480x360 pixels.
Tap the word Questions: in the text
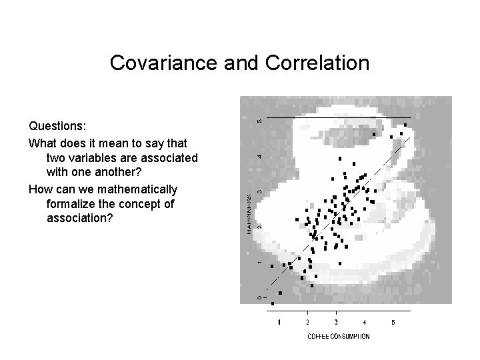[57, 126]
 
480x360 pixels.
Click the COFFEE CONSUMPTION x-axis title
[338, 336]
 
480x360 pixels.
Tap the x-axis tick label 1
[279, 323]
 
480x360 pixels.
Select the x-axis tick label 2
[307, 323]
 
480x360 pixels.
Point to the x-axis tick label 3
[336, 323]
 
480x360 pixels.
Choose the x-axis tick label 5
[393, 323]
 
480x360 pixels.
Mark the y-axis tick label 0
[259, 296]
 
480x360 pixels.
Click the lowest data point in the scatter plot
[272, 303]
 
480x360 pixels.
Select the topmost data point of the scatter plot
[405, 125]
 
